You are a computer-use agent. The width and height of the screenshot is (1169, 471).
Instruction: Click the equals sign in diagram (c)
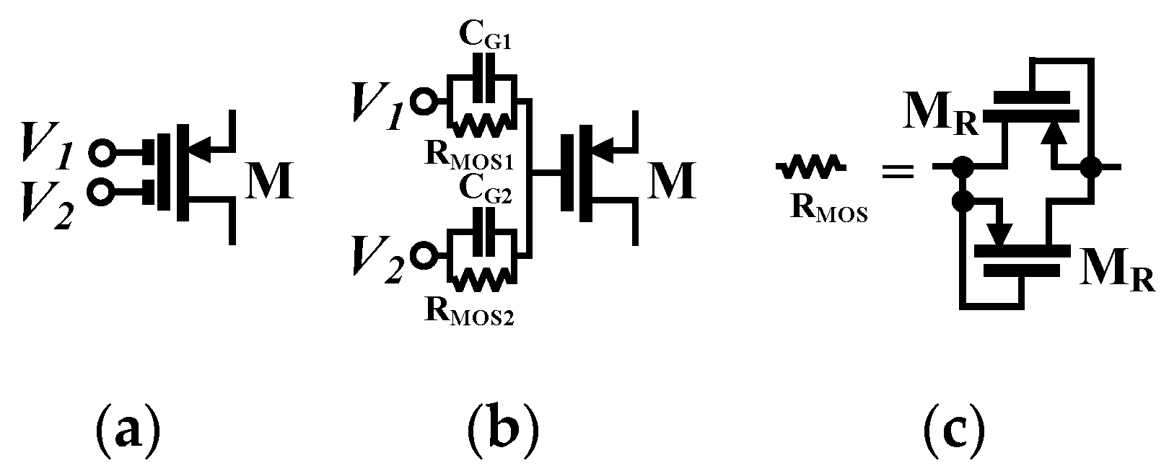[898, 171]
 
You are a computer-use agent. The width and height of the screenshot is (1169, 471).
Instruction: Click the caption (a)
[127, 431]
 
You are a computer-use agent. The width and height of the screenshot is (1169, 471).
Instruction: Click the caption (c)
[954, 431]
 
